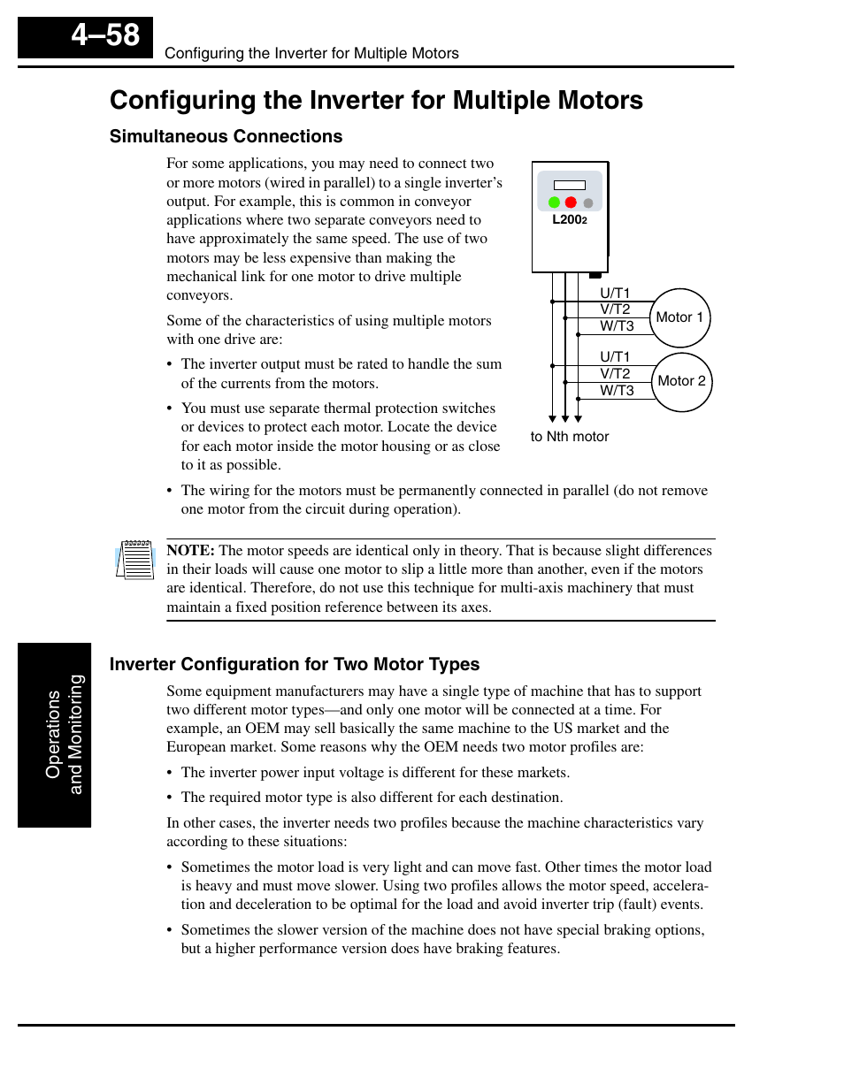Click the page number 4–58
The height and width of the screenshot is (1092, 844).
(x=105, y=35)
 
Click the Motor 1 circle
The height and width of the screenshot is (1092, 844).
(x=679, y=317)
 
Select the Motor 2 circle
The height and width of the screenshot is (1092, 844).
(x=681, y=381)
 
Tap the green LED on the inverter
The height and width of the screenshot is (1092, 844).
(x=554, y=202)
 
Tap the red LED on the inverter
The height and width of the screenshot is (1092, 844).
(x=571, y=202)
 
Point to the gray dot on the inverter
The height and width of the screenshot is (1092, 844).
(x=588, y=203)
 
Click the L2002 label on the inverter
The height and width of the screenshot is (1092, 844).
(x=569, y=219)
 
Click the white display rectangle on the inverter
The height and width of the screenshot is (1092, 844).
(x=570, y=185)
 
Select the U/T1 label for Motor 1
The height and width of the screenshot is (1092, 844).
(x=615, y=293)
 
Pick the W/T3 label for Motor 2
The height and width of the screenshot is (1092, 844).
(x=617, y=390)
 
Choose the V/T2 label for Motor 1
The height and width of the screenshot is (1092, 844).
(x=615, y=309)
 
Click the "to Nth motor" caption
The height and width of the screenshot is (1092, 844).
(x=570, y=437)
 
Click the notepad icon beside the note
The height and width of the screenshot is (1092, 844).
(x=134, y=560)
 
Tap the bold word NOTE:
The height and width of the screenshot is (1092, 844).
(x=190, y=551)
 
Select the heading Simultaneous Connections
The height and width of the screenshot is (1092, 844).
(x=226, y=136)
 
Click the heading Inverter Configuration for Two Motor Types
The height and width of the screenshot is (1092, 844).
(x=295, y=664)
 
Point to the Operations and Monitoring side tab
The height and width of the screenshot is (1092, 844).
(x=55, y=735)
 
